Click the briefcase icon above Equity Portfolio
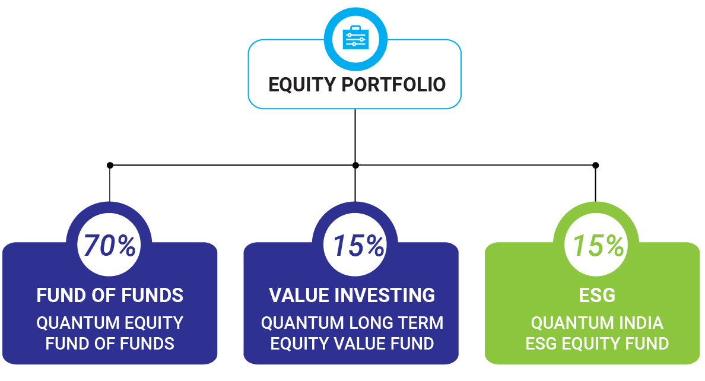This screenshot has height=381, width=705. click(x=355, y=37)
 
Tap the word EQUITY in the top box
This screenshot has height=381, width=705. click(x=302, y=84)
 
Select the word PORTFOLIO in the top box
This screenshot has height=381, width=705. click(x=394, y=84)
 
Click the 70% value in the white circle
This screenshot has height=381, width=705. click(x=109, y=246)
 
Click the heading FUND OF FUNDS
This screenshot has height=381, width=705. click(x=110, y=296)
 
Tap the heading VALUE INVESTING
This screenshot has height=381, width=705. click(x=352, y=296)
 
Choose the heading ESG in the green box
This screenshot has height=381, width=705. click(x=597, y=296)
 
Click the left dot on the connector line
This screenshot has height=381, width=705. click(x=110, y=166)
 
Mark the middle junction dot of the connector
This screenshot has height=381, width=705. click(x=355, y=166)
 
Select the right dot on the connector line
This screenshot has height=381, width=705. click(x=595, y=166)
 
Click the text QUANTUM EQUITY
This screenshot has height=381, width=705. click(x=110, y=323)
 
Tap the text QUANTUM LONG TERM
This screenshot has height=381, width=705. click(x=352, y=323)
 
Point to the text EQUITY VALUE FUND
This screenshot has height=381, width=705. click(x=352, y=344)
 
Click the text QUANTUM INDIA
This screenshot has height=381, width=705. click(x=597, y=323)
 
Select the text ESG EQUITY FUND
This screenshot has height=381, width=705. click(x=597, y=344)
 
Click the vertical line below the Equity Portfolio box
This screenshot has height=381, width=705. click(x=355, y=136)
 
